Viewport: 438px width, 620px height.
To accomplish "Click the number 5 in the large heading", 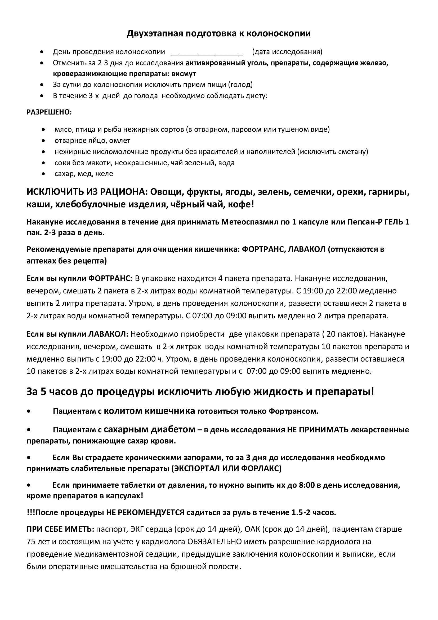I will [43, 392].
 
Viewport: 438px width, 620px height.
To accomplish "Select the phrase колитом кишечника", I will [149, 411].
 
